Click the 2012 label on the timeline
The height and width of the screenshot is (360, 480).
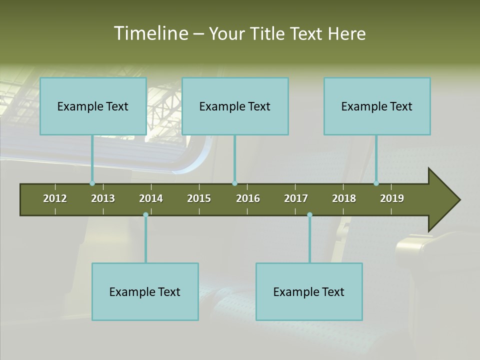click(x=55, y=198)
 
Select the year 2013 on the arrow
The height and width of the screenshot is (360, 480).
click(x=103, y=198)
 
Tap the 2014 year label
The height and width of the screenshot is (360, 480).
click(x=151, y=198)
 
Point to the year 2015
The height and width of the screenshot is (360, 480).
click(x=199, y=198)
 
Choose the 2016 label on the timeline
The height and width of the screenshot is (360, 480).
click(x=248, y=198)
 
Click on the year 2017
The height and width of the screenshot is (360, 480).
click(x=296, y=198)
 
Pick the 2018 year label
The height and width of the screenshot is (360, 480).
click(x=344, y=198)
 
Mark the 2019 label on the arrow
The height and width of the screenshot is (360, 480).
click(x=392, y=198)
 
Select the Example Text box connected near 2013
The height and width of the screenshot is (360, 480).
click(x=93, y=106)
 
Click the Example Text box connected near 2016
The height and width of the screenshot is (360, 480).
click(x=235, y=106)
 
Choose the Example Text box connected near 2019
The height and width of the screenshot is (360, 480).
click(x=377, y=106)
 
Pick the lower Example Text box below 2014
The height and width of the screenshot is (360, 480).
click(x=145, y=291)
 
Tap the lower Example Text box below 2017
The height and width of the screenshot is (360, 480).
click(x=309, y=291)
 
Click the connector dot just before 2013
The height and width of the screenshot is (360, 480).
click(x=92, y=183)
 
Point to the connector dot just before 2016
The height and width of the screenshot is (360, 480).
click(x=235, y=183)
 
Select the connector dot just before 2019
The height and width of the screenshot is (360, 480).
click(x=376, y=183)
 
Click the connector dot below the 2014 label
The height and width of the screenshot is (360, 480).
click(x=145, y=214)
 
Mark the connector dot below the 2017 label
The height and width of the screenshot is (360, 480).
click(x=309, y=214)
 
